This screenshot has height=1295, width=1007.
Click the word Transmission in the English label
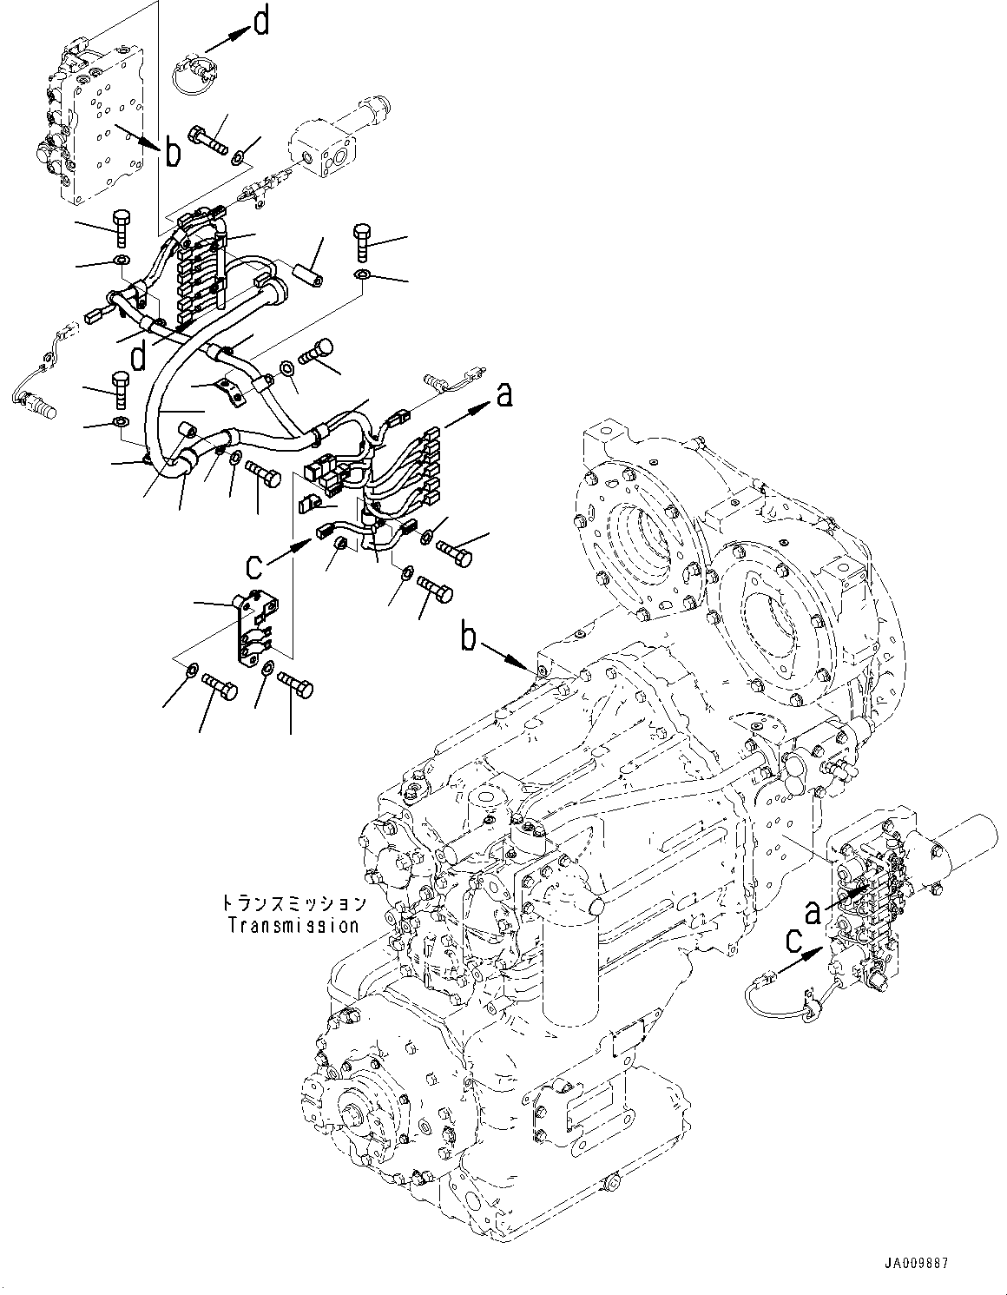click(x=293, y=926)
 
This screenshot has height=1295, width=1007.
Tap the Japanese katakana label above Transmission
click(x=293, y=905)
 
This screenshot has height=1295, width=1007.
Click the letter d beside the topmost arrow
click(x=261, y=23)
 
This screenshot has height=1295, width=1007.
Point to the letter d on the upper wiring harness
click(x=136, y=355)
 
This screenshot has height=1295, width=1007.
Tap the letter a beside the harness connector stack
click(x=504, y=395)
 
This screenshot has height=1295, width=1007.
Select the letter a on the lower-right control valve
click(x=812, y=912)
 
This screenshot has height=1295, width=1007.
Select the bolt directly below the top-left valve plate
click(x=120, y=228)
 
